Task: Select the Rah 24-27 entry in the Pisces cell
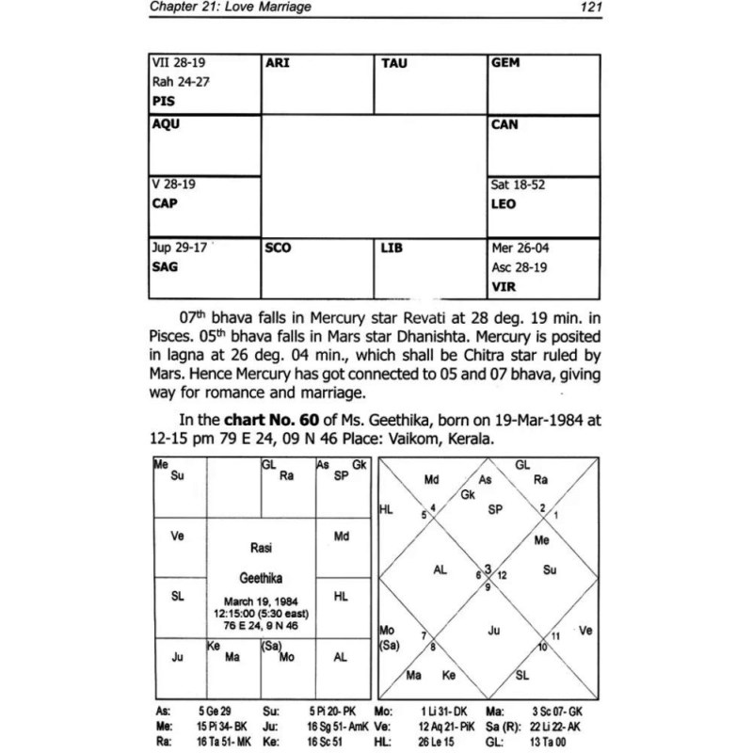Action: [x=180, y=81]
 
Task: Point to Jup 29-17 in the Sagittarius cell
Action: [x=179, y=249]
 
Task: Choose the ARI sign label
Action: [x=279, y=63]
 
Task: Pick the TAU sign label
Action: [x=394, y=63]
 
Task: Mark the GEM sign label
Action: [x=506, y=63]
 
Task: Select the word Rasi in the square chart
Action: [x=261, y=546]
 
